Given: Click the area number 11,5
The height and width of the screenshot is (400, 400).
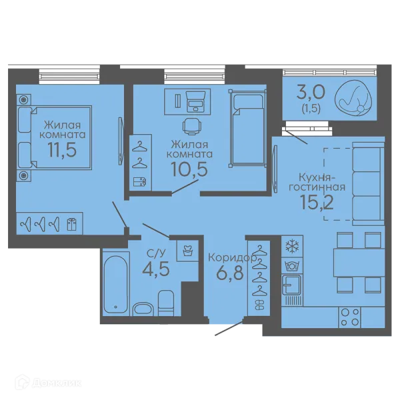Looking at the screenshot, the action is click(x=62, y=150).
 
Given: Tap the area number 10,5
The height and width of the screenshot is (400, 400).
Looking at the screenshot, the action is click(x=189, y=169).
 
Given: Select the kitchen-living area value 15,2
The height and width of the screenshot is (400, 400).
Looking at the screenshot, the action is click(x=317, y=202).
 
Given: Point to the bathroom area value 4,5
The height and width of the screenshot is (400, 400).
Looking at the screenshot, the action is click(x=156, y=269).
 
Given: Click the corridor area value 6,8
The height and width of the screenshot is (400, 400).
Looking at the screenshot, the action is click(x=229, y=273).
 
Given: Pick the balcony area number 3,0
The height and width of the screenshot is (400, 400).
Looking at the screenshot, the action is click(x=311, y=93).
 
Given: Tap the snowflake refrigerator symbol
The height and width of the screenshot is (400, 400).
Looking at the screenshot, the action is click(x=292, y=247).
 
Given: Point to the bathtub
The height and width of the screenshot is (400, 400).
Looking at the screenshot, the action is click(x=116, y=284).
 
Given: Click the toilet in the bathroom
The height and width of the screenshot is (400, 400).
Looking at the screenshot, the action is click(x=166, y=303).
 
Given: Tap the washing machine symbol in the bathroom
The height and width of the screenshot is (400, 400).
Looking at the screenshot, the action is click(x=188, y=251).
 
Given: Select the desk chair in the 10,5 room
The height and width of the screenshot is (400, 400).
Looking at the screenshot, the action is click(x=192, y=126).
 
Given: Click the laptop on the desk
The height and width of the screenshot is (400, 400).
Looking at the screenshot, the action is click(x=195, y=101).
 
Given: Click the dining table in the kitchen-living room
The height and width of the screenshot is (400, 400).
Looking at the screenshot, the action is click(x=359, y=263).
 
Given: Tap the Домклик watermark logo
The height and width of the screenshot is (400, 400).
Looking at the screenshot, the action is click(x=48, y=383).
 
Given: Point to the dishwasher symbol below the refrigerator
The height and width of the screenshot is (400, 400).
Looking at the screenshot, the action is click(x=292, y=266).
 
